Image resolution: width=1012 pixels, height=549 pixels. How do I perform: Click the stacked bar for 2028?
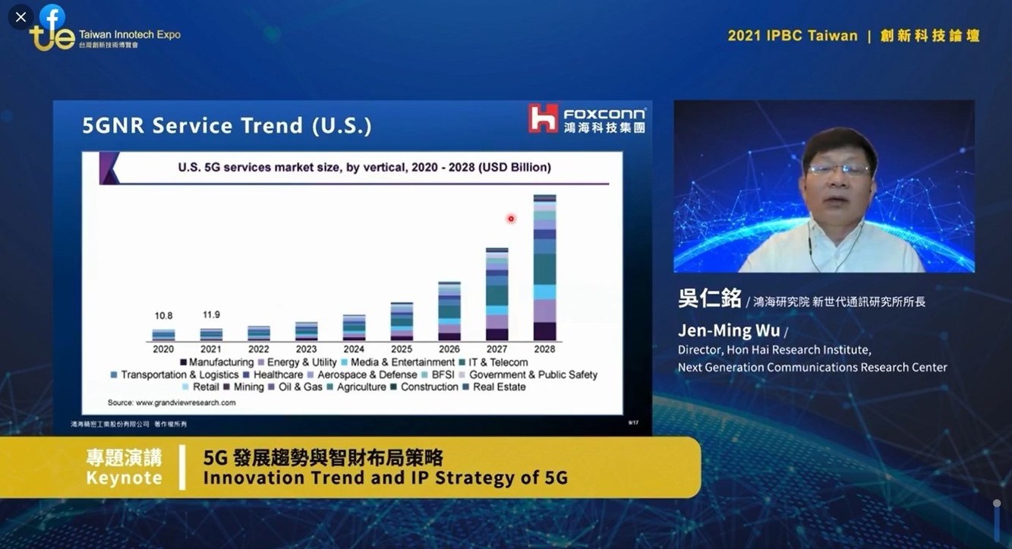tap(544, 267)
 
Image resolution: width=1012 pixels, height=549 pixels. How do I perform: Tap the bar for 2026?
tap(449, 311)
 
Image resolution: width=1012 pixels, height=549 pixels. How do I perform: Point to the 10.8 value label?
tap(163, 315)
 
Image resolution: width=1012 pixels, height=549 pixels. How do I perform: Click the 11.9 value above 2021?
tap(211, 315)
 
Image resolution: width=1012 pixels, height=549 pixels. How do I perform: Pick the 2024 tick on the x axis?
tap(354, 349)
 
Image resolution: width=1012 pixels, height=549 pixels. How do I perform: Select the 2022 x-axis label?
tap(258, 349)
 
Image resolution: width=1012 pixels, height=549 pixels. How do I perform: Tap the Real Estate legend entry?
tap(499, 387)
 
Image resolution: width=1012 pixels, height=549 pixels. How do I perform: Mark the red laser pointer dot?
tap(511, 219)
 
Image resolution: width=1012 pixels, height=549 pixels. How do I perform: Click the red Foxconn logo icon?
tap(544, 119)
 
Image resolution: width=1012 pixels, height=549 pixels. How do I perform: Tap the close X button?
tap(20, 17)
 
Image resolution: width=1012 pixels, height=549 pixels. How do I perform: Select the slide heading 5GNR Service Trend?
tap(227, 125)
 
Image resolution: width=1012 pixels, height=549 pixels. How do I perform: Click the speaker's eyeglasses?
tap(838, 169)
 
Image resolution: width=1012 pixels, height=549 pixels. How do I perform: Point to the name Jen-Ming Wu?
tap(728, 331)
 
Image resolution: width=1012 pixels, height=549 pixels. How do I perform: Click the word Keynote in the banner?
tap(124, 478)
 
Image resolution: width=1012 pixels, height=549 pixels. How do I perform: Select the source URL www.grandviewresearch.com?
tap(185, 402)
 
